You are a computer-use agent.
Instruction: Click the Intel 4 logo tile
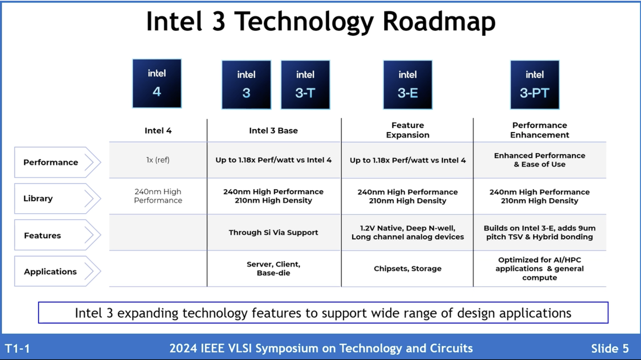[x=157, y=84]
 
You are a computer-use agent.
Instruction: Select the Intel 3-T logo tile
[x=305, y=85]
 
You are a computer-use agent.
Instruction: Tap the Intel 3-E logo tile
[x=407, y=85]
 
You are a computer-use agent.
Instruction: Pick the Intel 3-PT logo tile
[x=534, y=85]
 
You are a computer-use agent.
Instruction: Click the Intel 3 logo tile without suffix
[x=246, y=85]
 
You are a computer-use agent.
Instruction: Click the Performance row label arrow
[x=57, y=162]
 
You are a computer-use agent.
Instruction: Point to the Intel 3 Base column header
[x=273, y=130]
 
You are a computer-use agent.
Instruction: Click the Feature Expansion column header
[x=407, y=130]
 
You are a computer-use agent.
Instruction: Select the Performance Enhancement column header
[x=540, y=130]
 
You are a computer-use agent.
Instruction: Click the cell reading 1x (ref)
[x=158, y=160]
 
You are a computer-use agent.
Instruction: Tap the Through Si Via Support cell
[x=273, y=232]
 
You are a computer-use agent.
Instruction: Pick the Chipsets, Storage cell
[x=407, y=268]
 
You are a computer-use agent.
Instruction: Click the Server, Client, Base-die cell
[x=273, y=268]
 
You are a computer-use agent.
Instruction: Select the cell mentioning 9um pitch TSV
[x=540, y=232]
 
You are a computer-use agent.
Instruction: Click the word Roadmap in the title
[x=439, y=21]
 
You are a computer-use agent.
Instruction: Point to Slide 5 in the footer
[x=609, y=348]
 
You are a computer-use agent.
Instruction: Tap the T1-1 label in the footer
[x=17, y=348]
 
